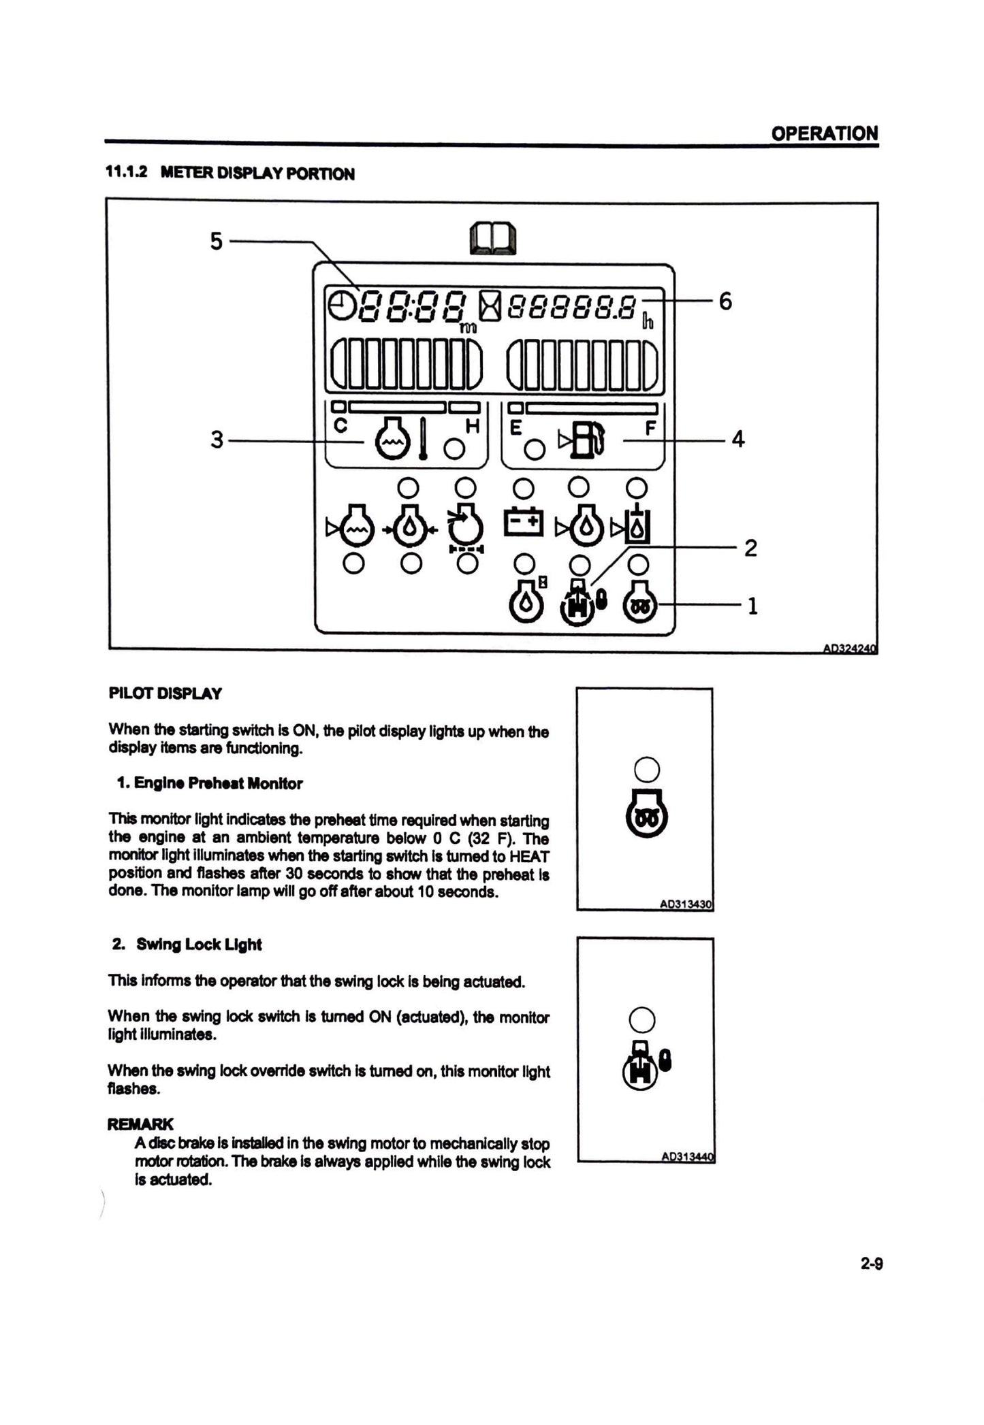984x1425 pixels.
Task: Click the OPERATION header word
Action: (x=824, y=133)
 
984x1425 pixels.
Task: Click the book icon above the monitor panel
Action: (x=493, y=239)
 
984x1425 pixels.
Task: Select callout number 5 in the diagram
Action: (x=216, y=241)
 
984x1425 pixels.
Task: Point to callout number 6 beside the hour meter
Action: (x=725, y=301)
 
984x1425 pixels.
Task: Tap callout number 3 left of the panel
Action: (x=217, y=440)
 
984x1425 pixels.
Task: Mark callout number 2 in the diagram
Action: (x=750, y=548)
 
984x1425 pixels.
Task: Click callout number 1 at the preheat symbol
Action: (x=752, y=606)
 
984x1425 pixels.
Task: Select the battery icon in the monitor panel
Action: (x=523, y=523)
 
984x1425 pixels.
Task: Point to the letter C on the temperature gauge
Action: (x=340, y=426)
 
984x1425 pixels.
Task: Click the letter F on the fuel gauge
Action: (x=650, y=428)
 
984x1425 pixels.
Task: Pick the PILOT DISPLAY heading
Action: (x=165, y=694)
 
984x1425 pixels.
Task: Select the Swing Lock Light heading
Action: (x=198, y=945)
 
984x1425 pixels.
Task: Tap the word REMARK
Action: (x=140, y=1124)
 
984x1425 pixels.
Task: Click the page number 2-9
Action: (x=872, y=1264)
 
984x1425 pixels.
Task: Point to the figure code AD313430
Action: (x=685, y=904)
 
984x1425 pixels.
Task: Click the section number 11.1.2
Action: (x=126, y=173)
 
